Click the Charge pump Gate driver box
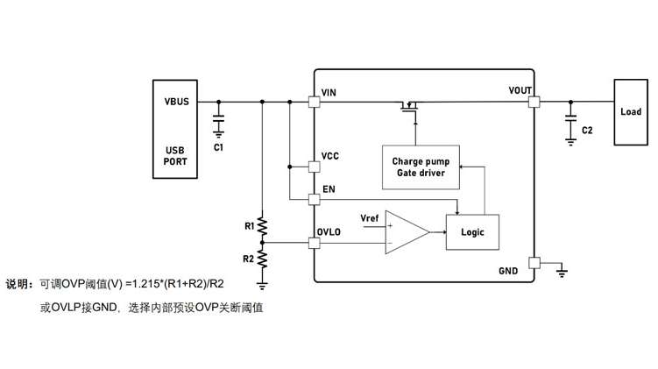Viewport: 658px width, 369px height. pyautogui.click(x=421, y=167)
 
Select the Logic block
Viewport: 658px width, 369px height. pyautogui.click(x=472, y=232)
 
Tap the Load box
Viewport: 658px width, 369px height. pyautogui.click(x=631, y=112)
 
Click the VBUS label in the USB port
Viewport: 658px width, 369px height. pyautogui.click(x=176, y=102)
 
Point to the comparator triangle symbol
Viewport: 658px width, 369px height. pyautogui.click(x=407, y=232)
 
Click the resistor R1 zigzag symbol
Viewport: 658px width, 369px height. pyautogui.click(x=262, y=227)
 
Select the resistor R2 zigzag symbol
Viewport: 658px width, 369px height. pyautogui.click(x=262, y=259)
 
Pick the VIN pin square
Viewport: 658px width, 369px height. pyautogui.click(x=314, y=102)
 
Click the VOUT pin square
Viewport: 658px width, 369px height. pyautogui.click(x=534, y=102)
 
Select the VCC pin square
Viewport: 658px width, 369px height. pyautogui.click(x=314, y=167)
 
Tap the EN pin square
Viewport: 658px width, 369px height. pyautogui.click(x=314, y=200)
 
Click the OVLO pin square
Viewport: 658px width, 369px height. pyautogui.click(x=314, y=243)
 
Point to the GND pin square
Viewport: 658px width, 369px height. pyautogui.click(x=534, y=263)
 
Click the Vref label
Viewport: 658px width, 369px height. pyautogui.click(x=369, y=218)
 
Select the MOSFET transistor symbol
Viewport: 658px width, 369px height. pyautogui.click(x=409, y=107)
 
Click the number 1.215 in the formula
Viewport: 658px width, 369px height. pyautogui.click(x=146, y=284)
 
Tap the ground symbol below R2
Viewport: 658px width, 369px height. pyautogui.click(x=262, y=287)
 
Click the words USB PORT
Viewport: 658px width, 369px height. pyautogui.click(x=175, y=156)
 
